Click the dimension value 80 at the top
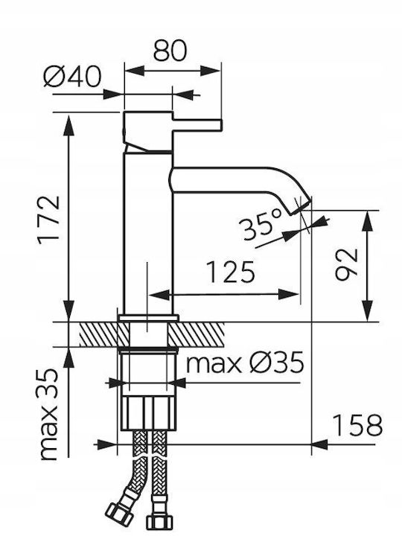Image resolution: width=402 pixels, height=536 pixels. click(170, 51)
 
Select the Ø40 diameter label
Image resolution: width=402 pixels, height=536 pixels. click(72, 77)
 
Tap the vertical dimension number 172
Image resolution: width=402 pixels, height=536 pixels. click(49, 220)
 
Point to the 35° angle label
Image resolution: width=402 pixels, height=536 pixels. click(261, 225)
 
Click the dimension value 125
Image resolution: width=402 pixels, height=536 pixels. click(231, 272)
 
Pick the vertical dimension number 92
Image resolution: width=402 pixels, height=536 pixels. click(346, 265)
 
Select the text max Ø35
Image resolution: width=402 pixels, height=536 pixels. click(245, 363)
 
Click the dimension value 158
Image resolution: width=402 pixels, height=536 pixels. click(358, 425)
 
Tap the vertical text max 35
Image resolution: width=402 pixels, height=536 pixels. click(48, 415)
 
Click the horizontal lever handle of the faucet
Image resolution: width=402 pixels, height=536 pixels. click(197, 126)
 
